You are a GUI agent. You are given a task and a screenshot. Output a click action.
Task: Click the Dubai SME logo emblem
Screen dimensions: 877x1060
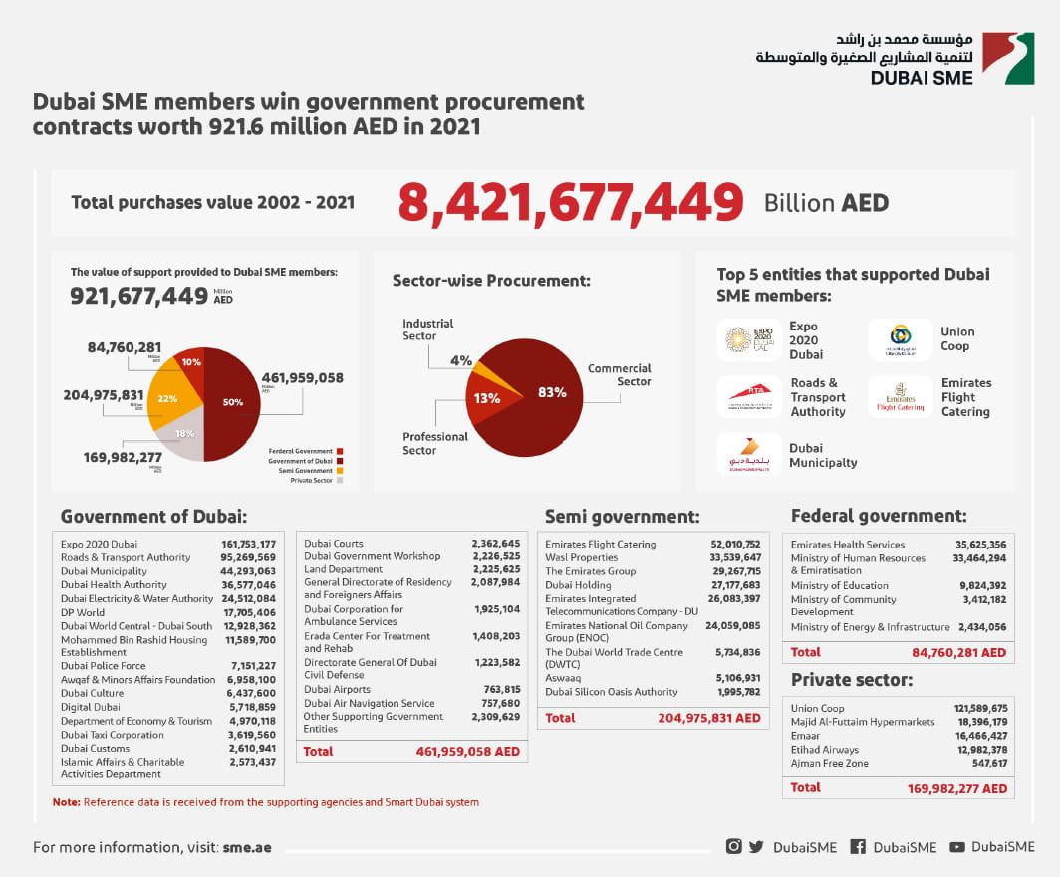coord(1007,59)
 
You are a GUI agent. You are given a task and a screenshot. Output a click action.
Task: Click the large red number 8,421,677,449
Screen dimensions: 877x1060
coord(571,202)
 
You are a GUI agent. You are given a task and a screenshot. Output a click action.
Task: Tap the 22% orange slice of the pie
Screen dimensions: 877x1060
coord(168,399)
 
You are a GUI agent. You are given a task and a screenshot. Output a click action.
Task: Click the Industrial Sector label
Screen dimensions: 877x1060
coord(427,329)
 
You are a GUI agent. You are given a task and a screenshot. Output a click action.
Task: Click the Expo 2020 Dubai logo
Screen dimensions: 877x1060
coord(749,340)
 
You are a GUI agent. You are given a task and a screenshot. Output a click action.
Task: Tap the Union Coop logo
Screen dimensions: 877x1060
coord(900,339)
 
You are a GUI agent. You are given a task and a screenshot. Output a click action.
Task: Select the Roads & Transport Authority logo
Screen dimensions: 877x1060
coord(749,396)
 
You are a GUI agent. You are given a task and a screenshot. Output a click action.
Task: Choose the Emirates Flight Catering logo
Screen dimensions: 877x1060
coord(900,397)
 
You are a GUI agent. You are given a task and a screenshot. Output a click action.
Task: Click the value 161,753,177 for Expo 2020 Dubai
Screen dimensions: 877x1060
coord(248,544)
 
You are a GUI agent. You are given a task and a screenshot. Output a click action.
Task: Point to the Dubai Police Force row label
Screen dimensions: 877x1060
coord(103,666)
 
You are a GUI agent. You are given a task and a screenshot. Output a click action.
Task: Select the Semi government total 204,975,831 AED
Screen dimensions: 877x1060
coord(708,718)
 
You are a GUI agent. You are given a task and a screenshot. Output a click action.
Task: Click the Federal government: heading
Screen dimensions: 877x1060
coord(878,516)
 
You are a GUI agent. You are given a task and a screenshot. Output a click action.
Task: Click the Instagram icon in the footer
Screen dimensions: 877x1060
coord(733,847)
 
